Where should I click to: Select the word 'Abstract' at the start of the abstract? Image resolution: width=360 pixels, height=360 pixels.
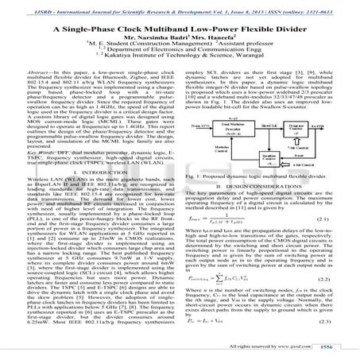(42, 69)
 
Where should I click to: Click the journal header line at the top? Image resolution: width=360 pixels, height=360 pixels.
(180, 6)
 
